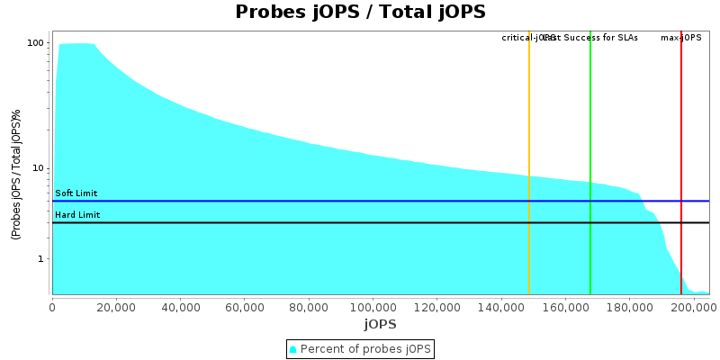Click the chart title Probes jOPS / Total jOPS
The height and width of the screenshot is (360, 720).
[360, 12]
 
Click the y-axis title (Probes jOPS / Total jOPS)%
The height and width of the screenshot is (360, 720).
[16, 174]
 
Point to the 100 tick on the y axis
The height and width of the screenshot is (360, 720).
[36, 43]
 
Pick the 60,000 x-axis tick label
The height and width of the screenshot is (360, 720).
[245, 307]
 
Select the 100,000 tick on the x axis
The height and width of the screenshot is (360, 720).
[373, 307]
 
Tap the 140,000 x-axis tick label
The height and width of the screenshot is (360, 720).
[501, 307]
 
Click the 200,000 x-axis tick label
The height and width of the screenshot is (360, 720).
[694, 307]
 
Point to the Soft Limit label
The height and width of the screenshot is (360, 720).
[76, 193]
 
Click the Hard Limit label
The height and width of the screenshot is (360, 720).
[77, 215]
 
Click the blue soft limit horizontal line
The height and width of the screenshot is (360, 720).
[360, 202]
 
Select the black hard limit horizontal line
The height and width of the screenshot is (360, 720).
[360, 222]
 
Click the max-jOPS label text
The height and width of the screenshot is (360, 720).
[681, 38]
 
